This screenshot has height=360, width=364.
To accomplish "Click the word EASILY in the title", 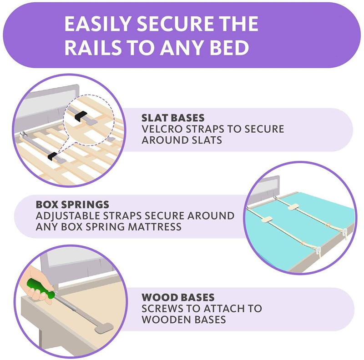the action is [x=98, y=24].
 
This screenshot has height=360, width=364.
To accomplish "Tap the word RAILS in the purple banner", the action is [x=93, y=48].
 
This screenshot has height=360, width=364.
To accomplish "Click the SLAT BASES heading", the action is [x=173, y=118].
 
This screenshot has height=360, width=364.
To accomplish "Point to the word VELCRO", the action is [x=162, y=129].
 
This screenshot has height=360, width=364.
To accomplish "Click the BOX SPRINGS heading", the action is [x=72, y=205].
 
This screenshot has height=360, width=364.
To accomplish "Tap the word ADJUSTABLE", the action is [x=68, y=216].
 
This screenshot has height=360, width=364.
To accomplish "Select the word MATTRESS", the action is [x=154, y=227].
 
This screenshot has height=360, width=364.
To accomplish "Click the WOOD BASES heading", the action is [x=178, y=297].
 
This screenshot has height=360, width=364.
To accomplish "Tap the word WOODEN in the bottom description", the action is [x=166, y=320].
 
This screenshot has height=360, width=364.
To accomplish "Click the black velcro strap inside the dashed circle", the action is [x=81, y=115].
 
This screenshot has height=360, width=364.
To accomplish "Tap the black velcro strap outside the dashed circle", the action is [x=52, y=156].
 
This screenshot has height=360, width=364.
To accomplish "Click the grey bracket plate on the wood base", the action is [x=104, y=328].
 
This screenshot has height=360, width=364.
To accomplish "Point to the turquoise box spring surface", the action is [x=299, y=230].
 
